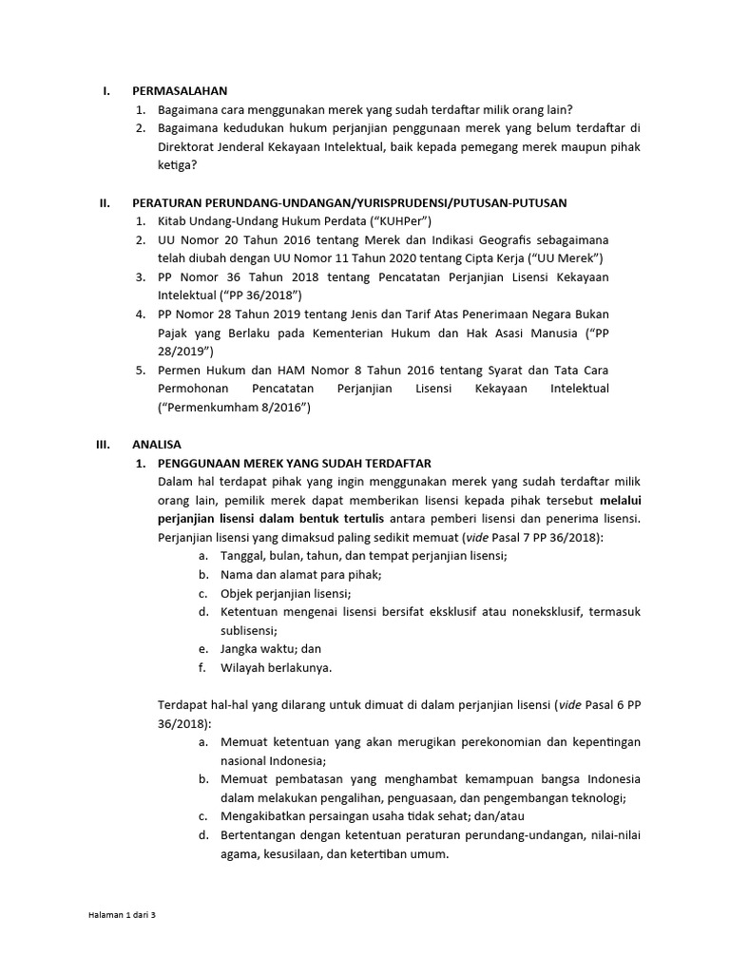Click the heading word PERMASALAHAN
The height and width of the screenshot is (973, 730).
pyautogui.click(x=180, y=91)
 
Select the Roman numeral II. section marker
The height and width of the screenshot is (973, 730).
pyautogui.click(x=105, y=202)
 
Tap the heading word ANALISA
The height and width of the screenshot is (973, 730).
pyautogui.click(x=157, y=444)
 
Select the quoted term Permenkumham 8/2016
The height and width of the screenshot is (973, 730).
pyautogui.click(x=234, y=407)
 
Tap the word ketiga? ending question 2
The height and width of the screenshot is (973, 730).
pyautogui.click(x=178, y=164)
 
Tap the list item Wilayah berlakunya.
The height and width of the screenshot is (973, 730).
pyautogui.click(x=276, y=667)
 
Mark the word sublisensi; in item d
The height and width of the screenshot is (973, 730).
pyautogui.click(x=249, y=630)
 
